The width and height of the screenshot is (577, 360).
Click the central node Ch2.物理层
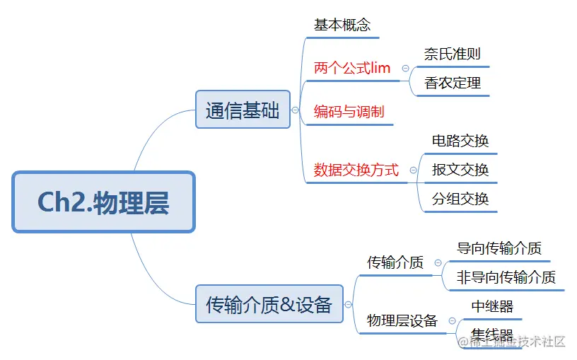(103, 202)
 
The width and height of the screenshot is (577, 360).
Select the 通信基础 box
(243, 110)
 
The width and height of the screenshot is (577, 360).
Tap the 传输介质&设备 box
(269, 304)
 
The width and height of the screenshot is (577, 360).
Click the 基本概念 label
(342, 25)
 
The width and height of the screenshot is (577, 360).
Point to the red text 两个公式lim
(352, 69)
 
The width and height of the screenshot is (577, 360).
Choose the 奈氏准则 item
(453, 54)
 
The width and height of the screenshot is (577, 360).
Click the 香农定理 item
(453, 83)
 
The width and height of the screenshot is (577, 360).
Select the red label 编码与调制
(349, 112)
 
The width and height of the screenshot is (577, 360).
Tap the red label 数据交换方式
(356, 170)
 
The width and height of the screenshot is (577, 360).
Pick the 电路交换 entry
(460, 141)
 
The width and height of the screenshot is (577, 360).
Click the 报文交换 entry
(460, 170)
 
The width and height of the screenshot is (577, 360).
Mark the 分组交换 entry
(460, 199)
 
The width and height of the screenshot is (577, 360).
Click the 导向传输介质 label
(499, 248)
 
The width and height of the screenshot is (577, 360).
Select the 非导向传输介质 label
(506, 277)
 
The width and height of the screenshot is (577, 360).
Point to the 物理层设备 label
(402, 321)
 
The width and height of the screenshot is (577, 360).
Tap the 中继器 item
(492, 306)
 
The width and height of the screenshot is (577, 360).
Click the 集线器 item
(492, 335)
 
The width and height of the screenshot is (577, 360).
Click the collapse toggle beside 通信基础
(295, 111)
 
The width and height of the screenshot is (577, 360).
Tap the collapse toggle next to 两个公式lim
(405, 69)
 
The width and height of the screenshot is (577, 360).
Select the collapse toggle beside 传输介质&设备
(348, 305)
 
